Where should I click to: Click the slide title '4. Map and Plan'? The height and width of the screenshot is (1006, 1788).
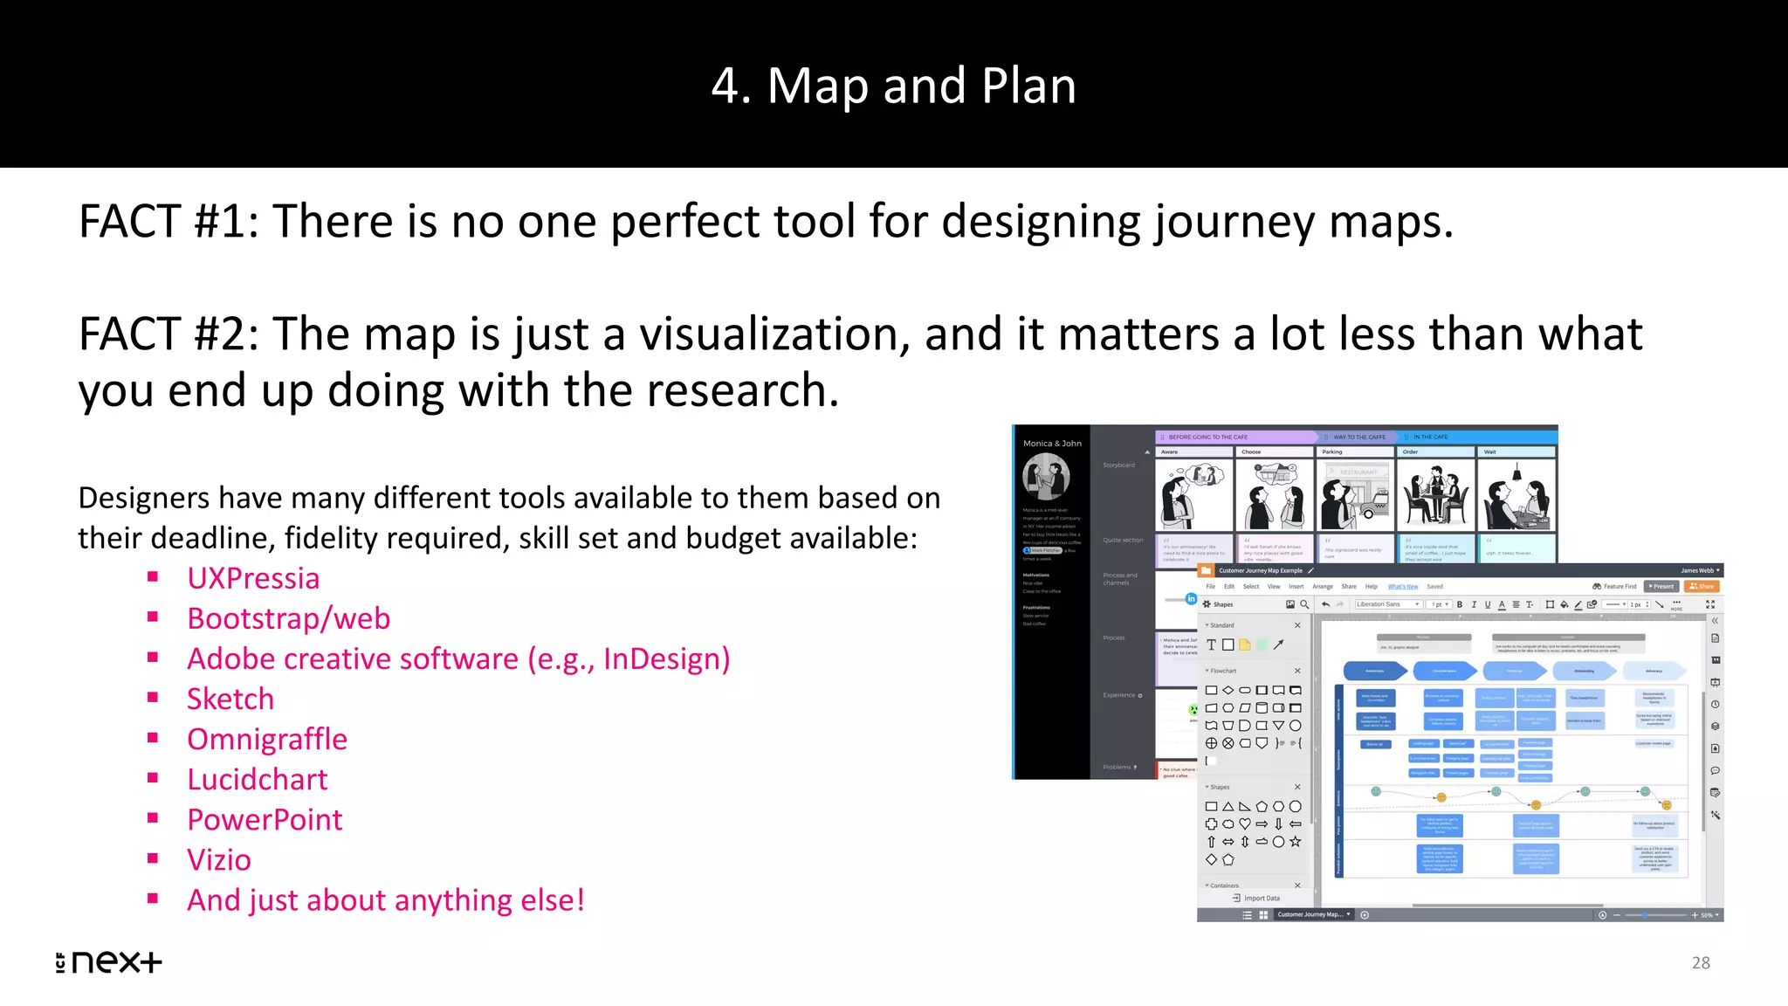coord(893,86)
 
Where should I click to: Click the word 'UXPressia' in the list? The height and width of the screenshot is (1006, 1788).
coord(253,578)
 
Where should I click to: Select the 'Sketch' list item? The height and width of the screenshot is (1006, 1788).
coord(230,699)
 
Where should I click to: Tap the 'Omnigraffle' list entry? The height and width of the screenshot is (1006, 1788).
coord(267,739)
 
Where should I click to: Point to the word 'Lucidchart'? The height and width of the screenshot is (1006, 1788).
coord(258,779)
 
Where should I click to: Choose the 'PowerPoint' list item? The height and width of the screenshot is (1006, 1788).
coord(265,819)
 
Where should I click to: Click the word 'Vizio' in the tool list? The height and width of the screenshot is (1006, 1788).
coord(219,859)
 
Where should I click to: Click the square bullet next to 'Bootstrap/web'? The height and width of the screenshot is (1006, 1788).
coord(153,617)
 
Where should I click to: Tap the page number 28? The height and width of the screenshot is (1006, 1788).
coord(1701,962)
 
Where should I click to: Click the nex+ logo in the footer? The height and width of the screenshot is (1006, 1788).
coord(109,961)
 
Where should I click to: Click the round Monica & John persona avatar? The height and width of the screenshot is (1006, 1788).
coord(1046,476)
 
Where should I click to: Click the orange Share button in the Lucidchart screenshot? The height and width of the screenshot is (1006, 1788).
coord(1702,586)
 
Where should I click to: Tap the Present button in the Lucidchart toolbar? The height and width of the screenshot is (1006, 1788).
coord(1661,586)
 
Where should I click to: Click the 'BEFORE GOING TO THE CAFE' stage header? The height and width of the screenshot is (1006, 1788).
coord(1208,437)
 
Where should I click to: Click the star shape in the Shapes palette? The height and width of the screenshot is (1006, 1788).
coord(1296,842)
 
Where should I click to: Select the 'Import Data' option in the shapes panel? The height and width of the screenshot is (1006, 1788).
coord(1257,898)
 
